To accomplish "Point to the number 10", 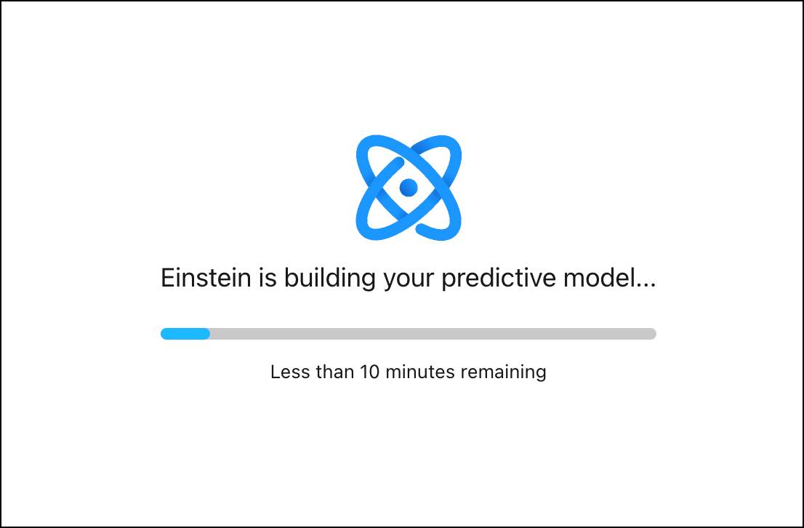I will pos(369,372).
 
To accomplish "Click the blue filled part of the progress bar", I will pos(185,334).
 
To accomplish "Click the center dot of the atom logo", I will pos(409,187).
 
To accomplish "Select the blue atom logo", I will pos(409,187).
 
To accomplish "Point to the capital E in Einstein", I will pos(167,279).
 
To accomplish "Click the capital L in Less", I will pos(275,372).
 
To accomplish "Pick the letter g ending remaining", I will pos(540,373).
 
